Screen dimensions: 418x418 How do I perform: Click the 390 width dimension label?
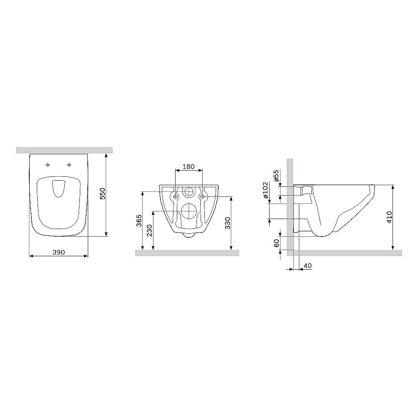[59, 252]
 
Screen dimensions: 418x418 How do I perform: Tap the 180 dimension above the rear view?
[189, 166]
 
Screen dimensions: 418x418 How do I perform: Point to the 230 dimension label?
[150, 230]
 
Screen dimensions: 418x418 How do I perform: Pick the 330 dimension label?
[228, 224]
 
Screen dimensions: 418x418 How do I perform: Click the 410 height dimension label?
[389, 218]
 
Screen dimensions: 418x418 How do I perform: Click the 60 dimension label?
[276, 243]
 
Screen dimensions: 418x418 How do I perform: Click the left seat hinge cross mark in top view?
[48, 165]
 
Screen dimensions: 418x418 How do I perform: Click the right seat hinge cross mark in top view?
[69, 165]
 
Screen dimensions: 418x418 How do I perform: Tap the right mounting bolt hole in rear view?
[202, 196]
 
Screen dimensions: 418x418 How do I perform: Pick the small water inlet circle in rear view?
[189, 192]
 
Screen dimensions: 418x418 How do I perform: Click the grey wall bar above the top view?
[64, 150]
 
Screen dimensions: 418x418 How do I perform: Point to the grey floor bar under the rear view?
[187, 252]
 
